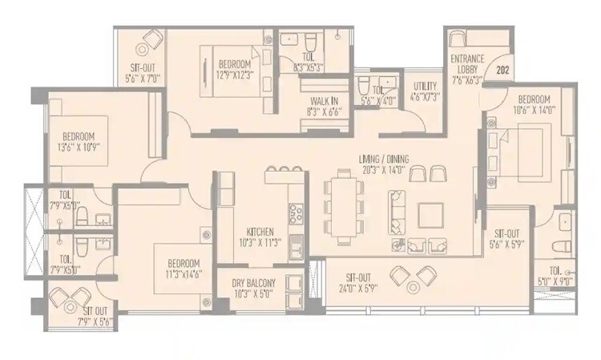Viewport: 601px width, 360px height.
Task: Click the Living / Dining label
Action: (x=384, y=165)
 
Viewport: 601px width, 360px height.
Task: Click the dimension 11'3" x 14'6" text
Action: (x=184, y=273)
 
